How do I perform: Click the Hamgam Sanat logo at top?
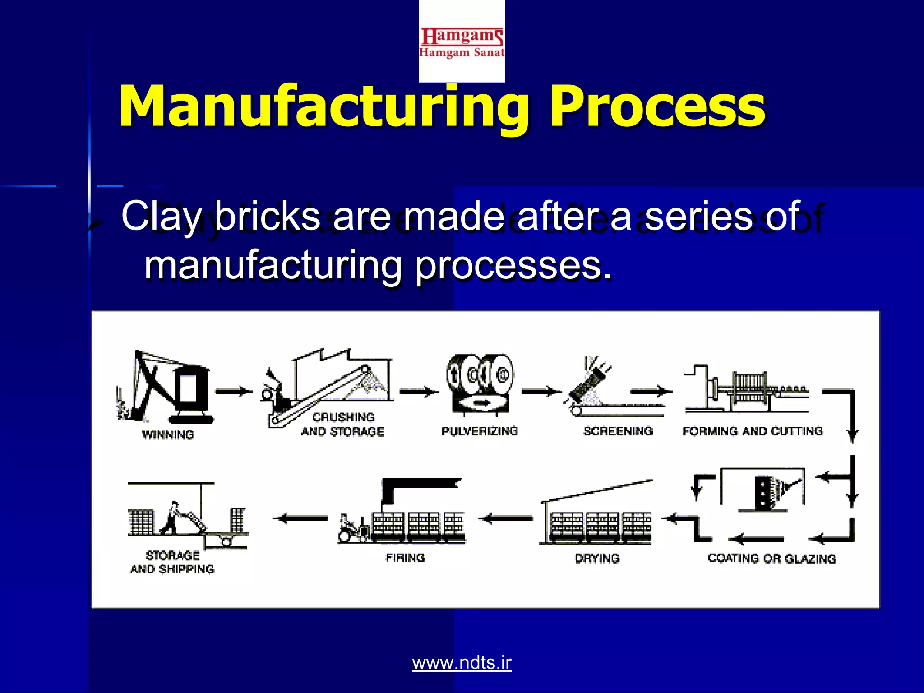(462, 42)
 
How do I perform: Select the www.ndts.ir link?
(462, 662)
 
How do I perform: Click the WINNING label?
(168, 434)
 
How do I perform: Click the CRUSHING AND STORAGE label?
(343, 424)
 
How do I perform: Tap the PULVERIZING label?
(480, 431)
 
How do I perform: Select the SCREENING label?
(618, 431)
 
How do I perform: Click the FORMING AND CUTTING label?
(753, 431)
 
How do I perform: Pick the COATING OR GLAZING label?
(772, 559)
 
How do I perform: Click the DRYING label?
(597, 559)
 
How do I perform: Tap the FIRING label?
(405, 558)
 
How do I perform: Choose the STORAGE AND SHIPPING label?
(172, 562)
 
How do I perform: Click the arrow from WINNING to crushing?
(234, 391)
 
